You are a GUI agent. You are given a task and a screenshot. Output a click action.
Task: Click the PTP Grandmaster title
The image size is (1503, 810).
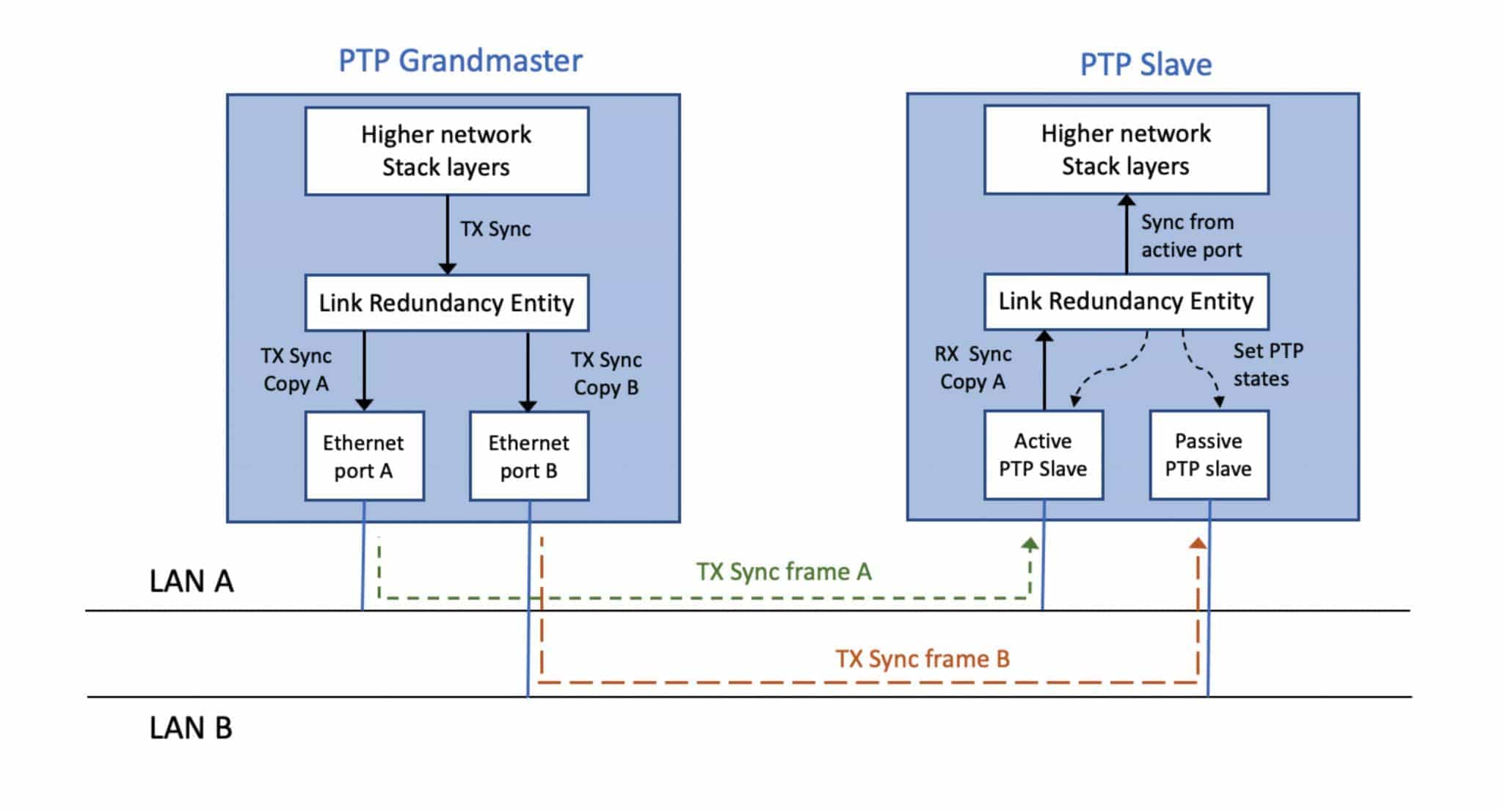tap(460, 61)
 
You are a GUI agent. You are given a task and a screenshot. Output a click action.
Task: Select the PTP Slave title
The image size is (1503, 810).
tap(1146, 65)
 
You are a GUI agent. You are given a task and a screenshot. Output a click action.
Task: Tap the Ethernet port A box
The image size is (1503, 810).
tap(364, 456)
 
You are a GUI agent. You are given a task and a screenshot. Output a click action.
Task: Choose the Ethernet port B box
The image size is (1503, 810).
tap(528, 456)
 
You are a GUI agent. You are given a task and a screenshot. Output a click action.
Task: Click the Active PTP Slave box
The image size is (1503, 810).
tap(1043, 455)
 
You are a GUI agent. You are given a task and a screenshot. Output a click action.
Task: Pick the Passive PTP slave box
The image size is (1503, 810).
tap(1209, 455)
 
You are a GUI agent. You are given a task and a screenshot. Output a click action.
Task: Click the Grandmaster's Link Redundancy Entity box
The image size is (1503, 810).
tap(446, 303)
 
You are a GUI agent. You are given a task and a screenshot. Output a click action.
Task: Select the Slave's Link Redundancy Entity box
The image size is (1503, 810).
tap(1126, 302)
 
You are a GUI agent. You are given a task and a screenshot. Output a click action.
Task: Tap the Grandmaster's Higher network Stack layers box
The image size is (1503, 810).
tap(446, 151)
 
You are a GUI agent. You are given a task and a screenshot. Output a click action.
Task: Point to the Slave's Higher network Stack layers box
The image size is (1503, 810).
tap(1126, 150)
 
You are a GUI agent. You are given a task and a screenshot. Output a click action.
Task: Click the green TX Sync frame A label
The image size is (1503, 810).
tap(784, 572)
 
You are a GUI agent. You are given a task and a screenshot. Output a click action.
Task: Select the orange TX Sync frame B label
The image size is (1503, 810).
tap(922, 659)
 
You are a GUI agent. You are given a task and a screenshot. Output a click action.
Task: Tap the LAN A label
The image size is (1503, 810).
tap(192, 582)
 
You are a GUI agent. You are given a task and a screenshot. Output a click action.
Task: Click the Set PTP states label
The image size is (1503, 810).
tap(1267, 365)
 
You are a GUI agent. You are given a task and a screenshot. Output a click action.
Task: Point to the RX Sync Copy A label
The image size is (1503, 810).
tap(972, 368)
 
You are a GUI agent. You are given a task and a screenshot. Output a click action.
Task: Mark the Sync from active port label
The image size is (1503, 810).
tap(1190, 236)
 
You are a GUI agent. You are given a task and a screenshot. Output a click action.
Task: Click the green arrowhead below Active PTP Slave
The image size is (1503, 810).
tap(1030, 544)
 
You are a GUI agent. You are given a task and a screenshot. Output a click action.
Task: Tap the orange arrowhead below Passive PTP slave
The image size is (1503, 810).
tap(1198, 544)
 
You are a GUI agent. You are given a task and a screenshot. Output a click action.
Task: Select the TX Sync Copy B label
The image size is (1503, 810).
tap(606, 373)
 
